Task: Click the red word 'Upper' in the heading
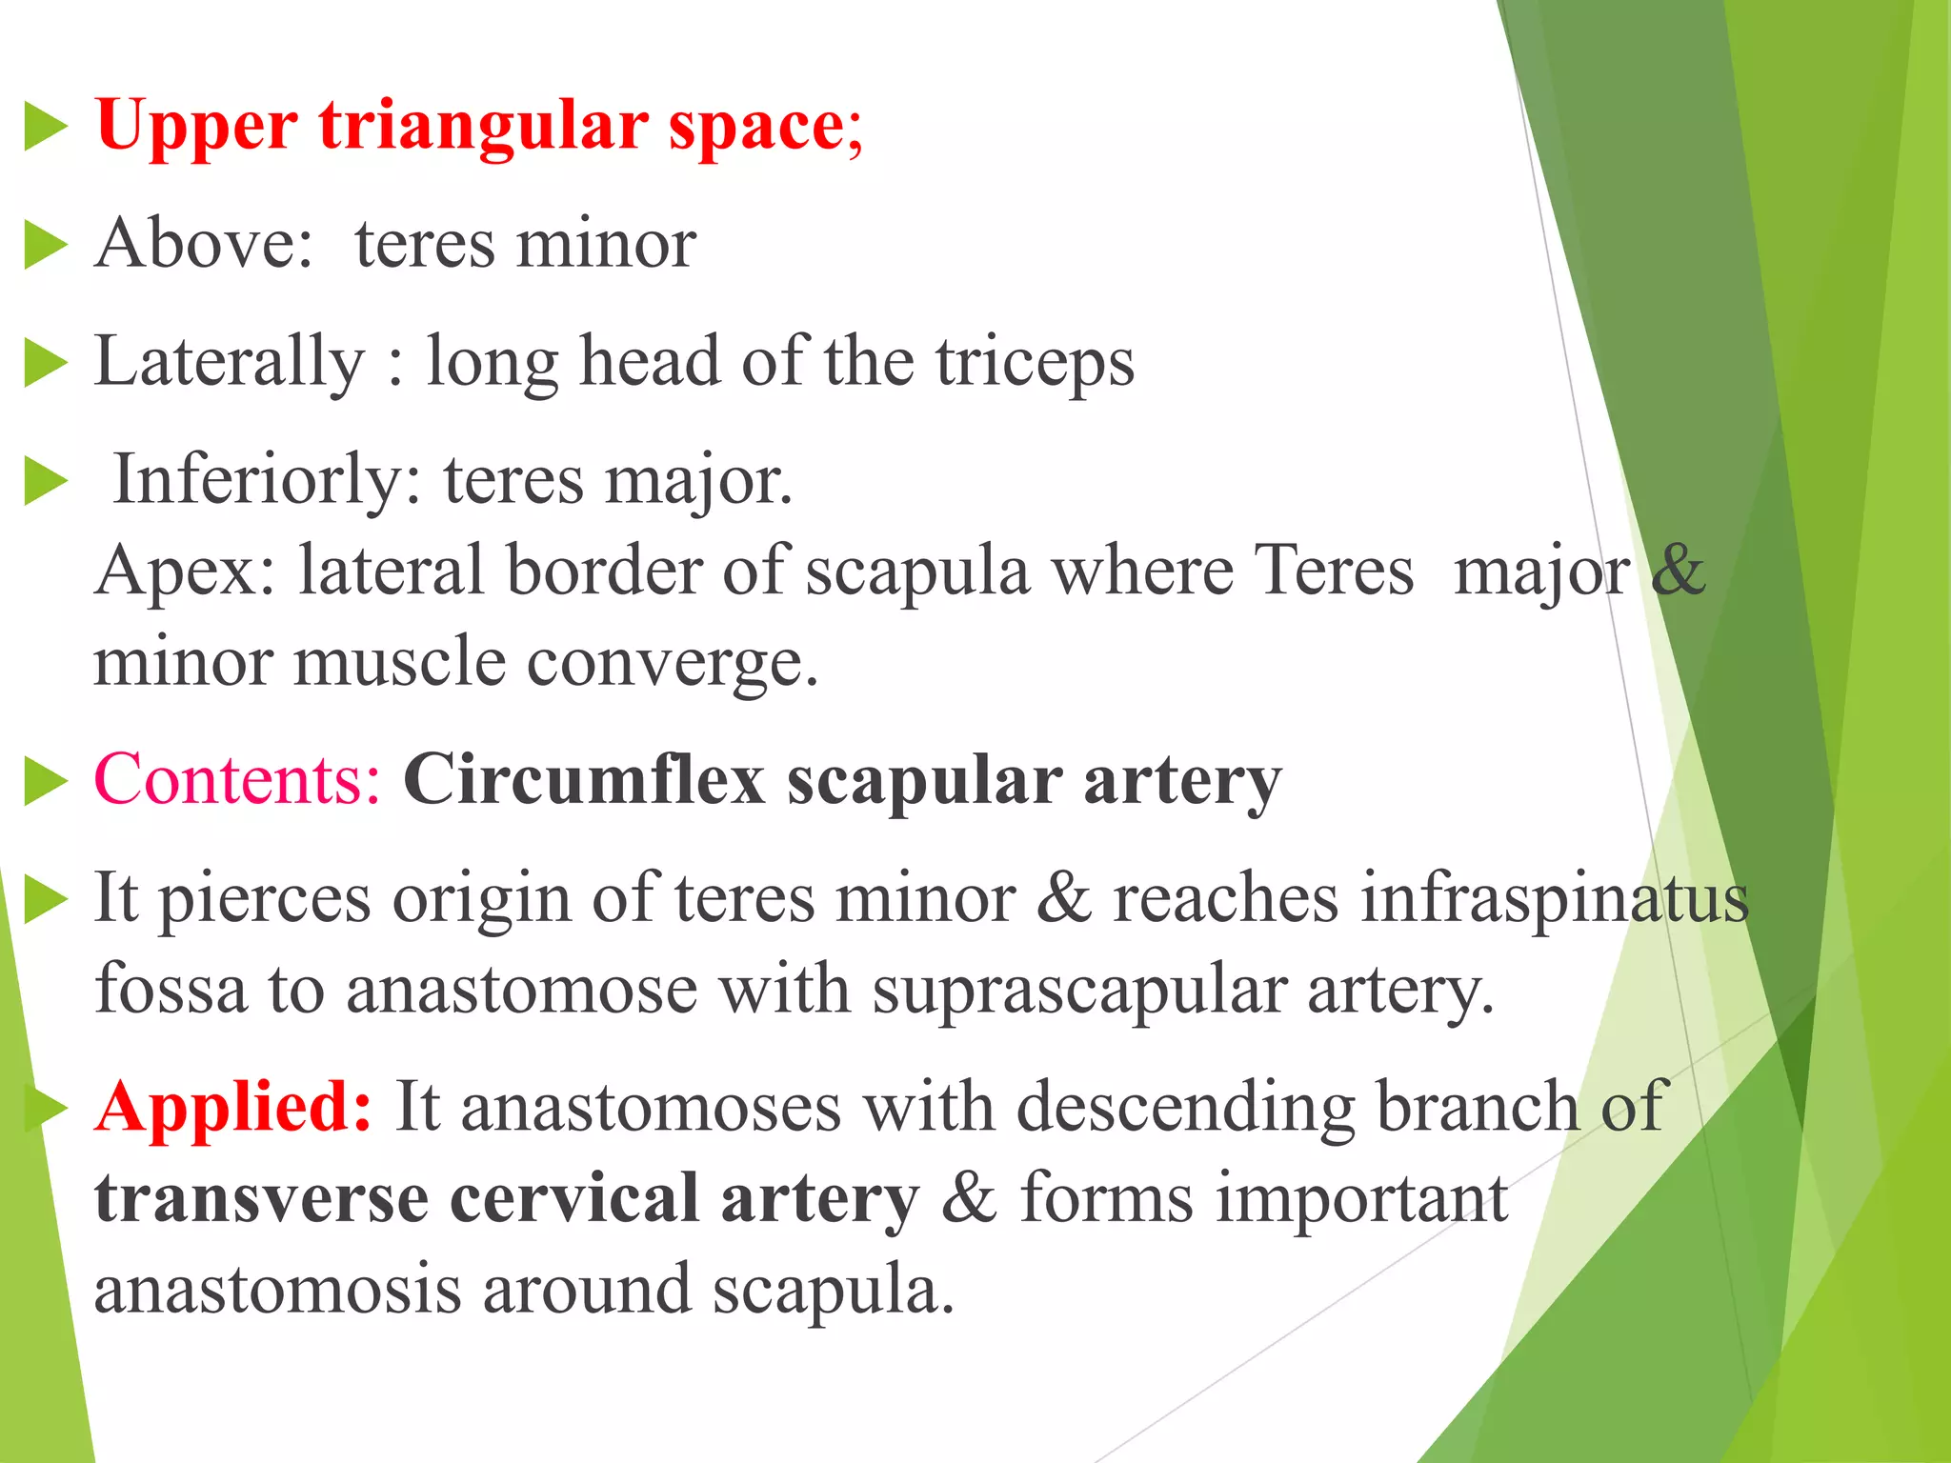tap(195, 127)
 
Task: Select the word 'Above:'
tap(204, 244)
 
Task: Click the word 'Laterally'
tap(230, 363)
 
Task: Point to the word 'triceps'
tap(1035, 363)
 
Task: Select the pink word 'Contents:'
tap(237, 780)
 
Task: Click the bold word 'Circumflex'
tap(584, 780)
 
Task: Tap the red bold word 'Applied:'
tap(233, 1108)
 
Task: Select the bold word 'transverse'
tap(261, 1199)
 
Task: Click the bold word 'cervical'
tap(574, 1199)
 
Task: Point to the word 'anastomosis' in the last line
tap(277, 1291)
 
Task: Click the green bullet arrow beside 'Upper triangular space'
tap(45, 128)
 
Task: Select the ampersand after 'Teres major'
tap(1678, 571)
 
